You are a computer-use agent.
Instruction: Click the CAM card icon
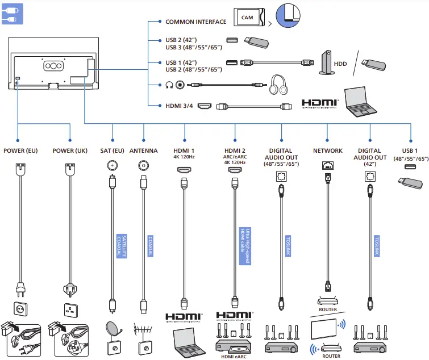[x=249, y=17]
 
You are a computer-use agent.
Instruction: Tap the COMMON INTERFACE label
[x=196, y=22]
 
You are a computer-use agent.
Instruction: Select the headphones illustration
[x=278, y=85]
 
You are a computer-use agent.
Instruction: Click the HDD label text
[x=340, y=64]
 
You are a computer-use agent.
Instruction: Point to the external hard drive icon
[x=327, y=62]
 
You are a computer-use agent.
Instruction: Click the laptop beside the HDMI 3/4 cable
[x=360, y=102]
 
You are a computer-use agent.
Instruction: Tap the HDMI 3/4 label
[x=179, y=106]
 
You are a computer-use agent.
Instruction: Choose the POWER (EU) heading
[x=20, y=150]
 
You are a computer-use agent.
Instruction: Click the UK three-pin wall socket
[x=70, y=310]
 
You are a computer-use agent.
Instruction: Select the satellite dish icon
[x=113, y=329]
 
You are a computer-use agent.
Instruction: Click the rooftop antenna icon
[x=143, y=330]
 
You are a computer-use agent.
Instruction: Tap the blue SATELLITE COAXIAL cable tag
[x=122, y=246]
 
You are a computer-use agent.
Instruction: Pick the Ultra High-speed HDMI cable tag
[x=245, y=246]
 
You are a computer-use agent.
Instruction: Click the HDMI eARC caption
[x=234, y=357]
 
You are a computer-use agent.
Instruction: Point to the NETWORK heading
[x=328, y=150]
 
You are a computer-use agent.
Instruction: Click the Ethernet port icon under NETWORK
[x=328, y=165]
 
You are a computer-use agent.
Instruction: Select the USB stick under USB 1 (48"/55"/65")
[x=410, y=183]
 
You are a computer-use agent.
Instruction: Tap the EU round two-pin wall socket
[x=20, y=308]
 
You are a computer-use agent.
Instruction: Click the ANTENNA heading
[x=144, y=150]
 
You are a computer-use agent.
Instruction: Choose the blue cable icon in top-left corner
[x=13, y=14]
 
